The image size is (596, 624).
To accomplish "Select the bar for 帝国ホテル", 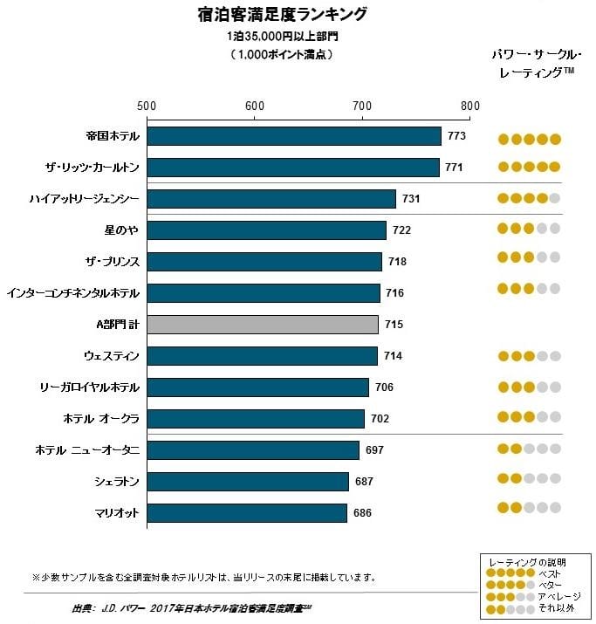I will coord(294,136).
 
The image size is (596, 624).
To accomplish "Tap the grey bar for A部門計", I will coord(263,325).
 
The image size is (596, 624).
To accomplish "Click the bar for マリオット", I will coord(247,512).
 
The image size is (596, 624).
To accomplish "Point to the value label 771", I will coord(454,167).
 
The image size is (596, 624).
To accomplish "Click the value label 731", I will coord(411,199).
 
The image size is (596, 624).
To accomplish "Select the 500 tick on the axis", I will coord(147,106).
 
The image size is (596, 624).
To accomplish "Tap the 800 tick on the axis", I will coord(470,106).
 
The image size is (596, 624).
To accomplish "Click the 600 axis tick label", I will coord(255,106).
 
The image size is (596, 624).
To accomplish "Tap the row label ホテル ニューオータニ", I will coord(88,449).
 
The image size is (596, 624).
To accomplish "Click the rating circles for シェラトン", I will coord(529,479).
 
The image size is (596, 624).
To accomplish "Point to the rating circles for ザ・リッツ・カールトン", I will coord(529,167).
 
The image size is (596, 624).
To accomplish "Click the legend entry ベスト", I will coord(549,573).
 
